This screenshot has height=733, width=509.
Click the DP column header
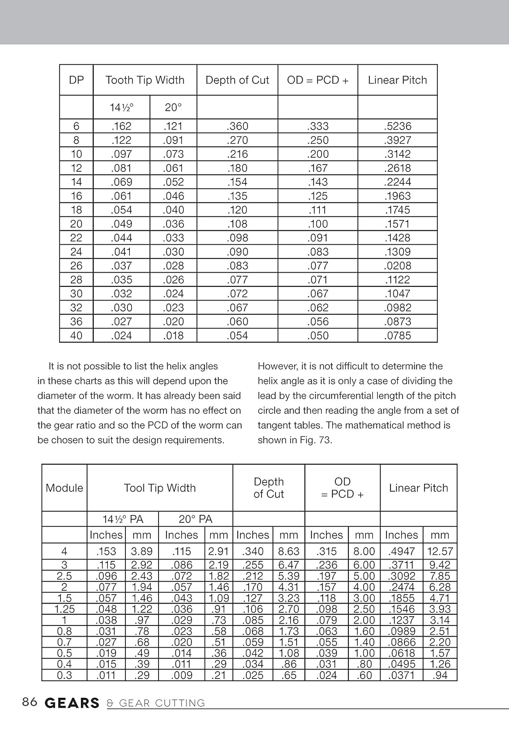coord(76,80)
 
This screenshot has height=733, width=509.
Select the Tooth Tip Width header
coord(145,80)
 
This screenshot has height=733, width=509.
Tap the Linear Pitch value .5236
coord(397,126)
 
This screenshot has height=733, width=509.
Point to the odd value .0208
coord(397,266)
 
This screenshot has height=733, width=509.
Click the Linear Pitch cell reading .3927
coord(397,140)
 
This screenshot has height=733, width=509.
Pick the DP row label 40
coord(76,336)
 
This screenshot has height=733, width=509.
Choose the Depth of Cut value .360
coord(237,126)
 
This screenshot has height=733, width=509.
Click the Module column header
coord(64,488)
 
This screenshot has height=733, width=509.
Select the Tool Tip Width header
coord(160,488)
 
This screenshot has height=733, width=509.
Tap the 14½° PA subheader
coord(123,519)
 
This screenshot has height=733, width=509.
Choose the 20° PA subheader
coord(195,519)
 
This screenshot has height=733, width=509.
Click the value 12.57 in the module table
coord(440,551)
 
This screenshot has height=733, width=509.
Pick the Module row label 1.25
coord(64,609)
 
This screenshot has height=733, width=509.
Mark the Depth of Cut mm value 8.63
coord(288,551)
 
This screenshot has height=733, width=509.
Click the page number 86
coord(30,702)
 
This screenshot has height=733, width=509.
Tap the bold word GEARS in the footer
coord(72,703)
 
